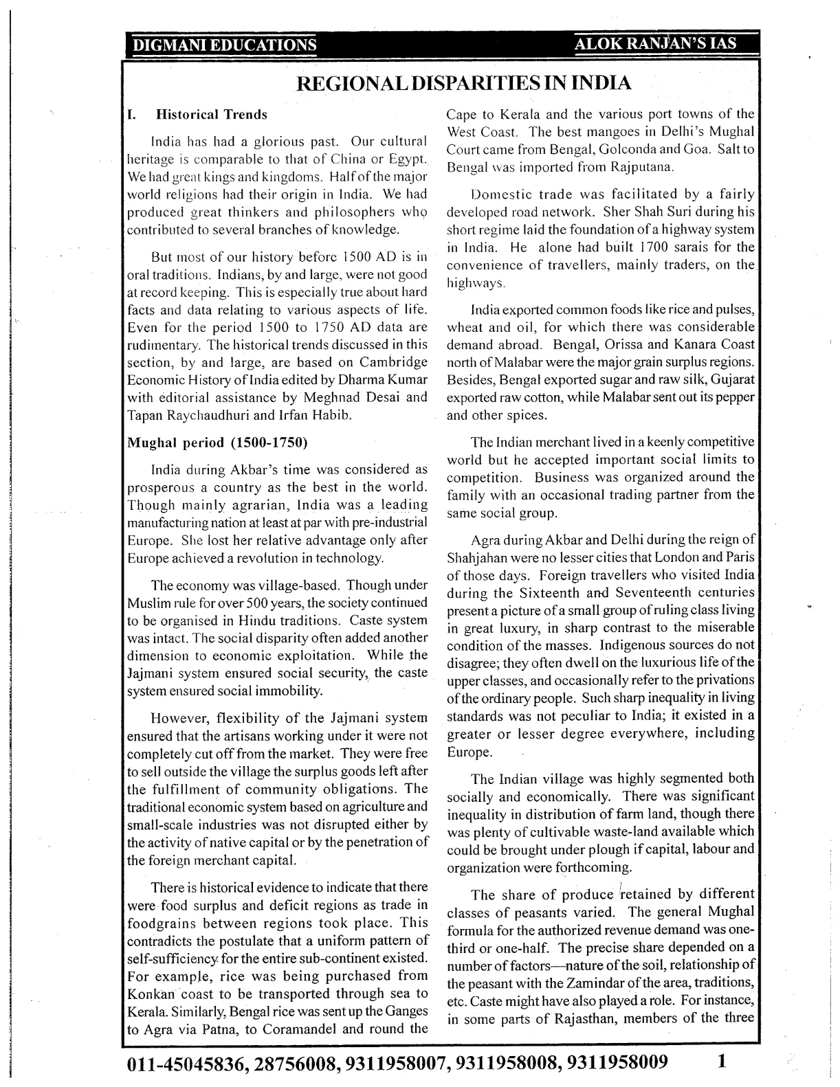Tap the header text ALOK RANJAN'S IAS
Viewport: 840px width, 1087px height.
point(656,44)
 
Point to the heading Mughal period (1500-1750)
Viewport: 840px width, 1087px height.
point(217,442)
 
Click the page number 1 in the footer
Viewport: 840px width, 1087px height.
point(721,1061)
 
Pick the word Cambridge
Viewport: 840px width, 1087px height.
point(394,362)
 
